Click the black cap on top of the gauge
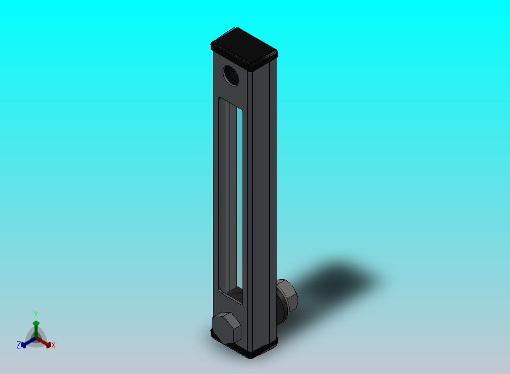click(x=244, y=45)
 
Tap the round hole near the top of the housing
click(x=231, y=75)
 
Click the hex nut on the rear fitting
click(x=286, y=296)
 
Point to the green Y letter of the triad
click(x=36, y=314)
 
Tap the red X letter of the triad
click(x=53, y=345)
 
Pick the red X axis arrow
click(x=46, y=343)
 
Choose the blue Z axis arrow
click(x=26, y=343)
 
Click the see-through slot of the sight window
click(x=240, y=199)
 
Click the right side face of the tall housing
click(x=263, y=199)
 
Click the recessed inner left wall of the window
click(x=225, y=199)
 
